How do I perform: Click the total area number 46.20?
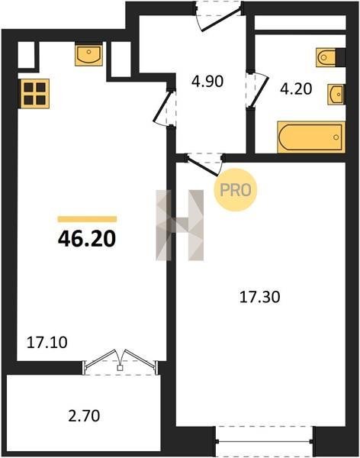87,239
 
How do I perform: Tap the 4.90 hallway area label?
207,81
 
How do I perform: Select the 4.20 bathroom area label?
296,89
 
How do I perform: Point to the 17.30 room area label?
259,297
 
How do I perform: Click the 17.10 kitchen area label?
47,342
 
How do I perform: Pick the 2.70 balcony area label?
84,416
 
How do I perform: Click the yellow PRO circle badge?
236,190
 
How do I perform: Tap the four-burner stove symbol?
34,94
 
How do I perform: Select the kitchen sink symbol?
88,55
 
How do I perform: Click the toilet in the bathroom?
326,57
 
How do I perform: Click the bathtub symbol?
311,137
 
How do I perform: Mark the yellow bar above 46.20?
87,219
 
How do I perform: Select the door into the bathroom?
257,90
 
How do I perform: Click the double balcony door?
120,361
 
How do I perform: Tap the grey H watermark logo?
180,225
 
